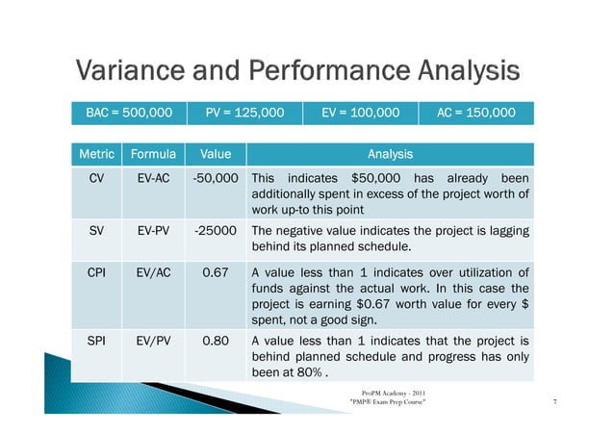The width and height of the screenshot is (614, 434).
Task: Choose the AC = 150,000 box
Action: (475, 113)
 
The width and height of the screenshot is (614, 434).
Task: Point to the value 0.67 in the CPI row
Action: (215, 272)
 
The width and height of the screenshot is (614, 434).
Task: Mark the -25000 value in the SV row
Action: (217, 230)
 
